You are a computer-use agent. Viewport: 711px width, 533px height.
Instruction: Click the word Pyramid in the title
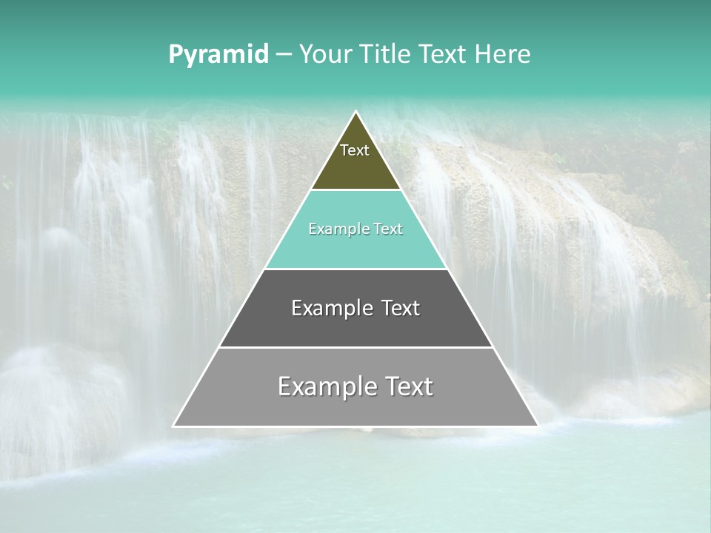tap(218, 55)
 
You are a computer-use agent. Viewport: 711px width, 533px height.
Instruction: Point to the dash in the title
tap(284, 55)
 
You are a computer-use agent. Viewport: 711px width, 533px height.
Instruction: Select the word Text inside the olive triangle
tap(355, 150)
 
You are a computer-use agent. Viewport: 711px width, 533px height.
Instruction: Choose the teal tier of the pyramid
tap(355, 248)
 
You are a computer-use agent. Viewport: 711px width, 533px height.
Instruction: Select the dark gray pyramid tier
tap(355, 329)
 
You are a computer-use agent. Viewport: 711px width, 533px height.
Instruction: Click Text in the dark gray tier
tap(401, 308)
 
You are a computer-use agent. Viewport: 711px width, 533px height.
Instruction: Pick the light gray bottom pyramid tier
tap(355, 411)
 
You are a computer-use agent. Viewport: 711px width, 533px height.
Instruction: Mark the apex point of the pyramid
tap(356, 113)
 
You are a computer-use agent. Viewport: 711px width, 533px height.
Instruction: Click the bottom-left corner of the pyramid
tap(174, 426)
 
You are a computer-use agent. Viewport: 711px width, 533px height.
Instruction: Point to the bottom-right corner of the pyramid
tap(537, 426)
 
